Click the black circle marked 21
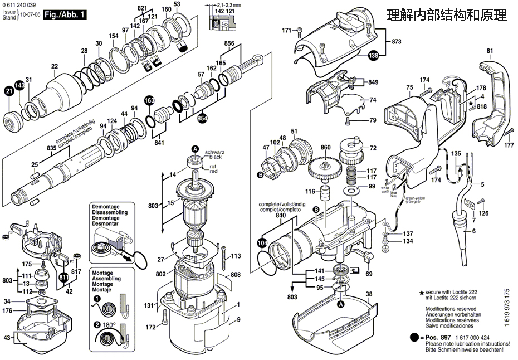(9, 92)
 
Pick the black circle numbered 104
(262, 243)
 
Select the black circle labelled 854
(202, 118)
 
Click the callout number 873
(397, 42)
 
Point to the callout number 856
(229, 43)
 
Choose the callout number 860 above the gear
(326, 148)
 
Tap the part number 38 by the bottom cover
(369, 294)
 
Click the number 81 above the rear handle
(490, 51)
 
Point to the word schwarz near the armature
(214, 152)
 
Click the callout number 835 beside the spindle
(51, 148)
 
